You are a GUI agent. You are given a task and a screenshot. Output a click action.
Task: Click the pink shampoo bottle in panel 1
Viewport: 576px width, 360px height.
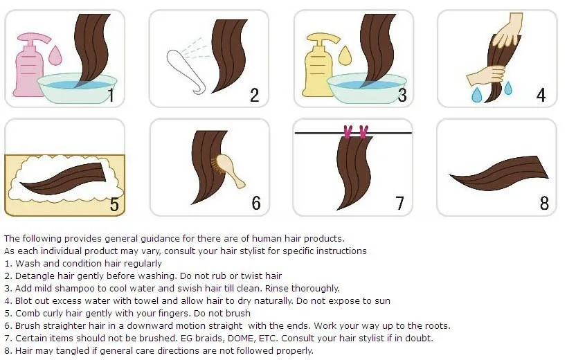pyautogui.click(x=28, y=70)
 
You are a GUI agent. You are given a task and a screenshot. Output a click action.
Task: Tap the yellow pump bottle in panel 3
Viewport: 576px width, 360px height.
pyautogui.click(x=318, y=70)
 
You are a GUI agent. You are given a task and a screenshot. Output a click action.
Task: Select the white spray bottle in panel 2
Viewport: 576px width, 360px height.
pyautogui.click(x=186, y=71)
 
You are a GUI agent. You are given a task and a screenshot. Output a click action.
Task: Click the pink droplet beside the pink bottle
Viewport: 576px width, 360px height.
pyautogui.click(x=55, y=55)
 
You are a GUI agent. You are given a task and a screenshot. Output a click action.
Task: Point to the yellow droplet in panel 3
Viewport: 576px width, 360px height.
pyautogui.click(x=345, y=55)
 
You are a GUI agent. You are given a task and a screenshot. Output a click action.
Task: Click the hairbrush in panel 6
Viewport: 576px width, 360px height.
pyautogui.click(x=228, y=170)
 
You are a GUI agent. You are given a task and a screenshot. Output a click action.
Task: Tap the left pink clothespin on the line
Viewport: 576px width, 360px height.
pyautogui.click(x=348, y=132)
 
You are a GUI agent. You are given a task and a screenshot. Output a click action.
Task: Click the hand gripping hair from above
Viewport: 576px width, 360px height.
pyautogui.click(x=509, y=31)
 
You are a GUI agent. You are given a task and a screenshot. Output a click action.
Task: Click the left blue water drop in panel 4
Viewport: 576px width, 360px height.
pyautogui.click(x=476, y=95)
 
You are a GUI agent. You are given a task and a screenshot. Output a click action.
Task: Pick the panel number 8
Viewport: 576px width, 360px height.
pyautogui.click(x=544, y=203)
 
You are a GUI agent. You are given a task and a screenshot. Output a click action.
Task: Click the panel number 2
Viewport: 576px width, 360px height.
pyautogui.click(x=254, y=95)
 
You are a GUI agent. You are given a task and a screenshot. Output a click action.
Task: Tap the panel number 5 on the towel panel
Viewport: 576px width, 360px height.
pyautogui.click(x=114, y=204)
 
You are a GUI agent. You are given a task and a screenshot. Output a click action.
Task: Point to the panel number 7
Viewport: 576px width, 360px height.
pyautogui.click(x=399, y=203)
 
